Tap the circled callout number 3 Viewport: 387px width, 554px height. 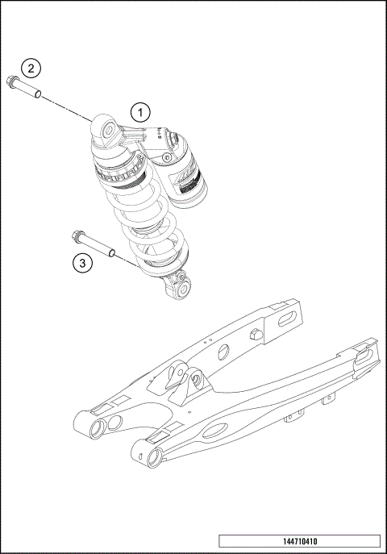click(81, 261)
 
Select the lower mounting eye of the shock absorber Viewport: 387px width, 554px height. click(183, 288)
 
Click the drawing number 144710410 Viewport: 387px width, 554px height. click(298, 541)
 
